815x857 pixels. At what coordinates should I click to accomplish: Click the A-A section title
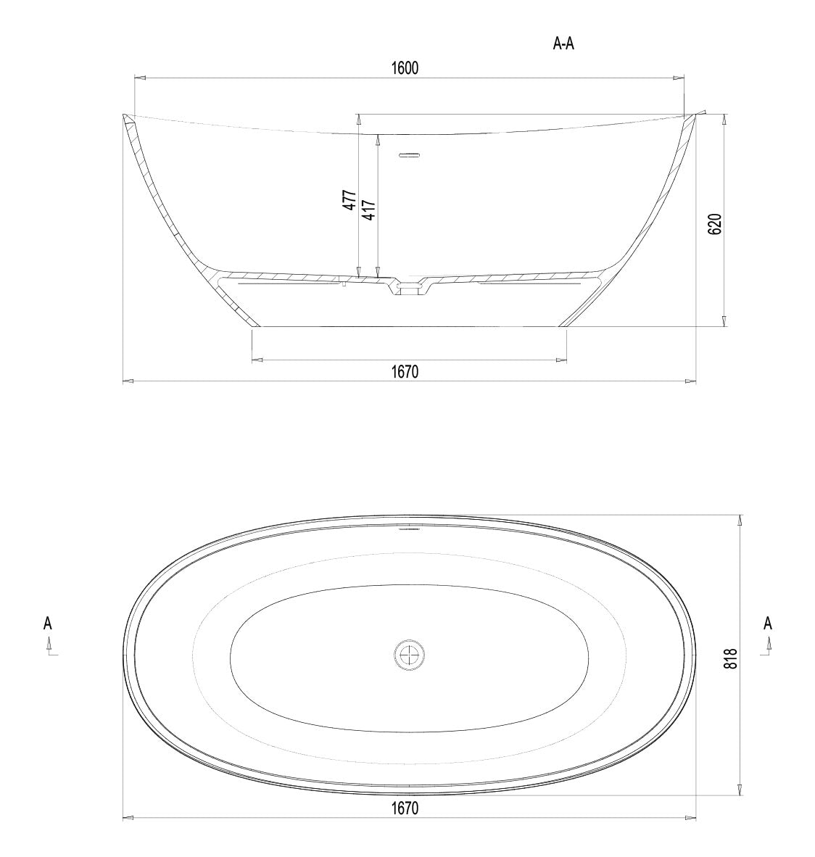[563, 44]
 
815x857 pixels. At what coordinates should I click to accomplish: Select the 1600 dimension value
[405, 68]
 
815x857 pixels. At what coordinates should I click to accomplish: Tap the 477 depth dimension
[349, 200]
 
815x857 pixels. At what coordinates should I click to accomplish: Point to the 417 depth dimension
[368, 210]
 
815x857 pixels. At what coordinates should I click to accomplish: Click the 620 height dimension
[714, 224]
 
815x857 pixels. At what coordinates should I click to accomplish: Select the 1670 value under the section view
[405, 371]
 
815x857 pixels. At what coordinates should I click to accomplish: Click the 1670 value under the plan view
[405, 808]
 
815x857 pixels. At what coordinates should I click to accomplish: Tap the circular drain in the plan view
[409, 655]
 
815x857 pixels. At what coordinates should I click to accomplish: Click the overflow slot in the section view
[410, 154]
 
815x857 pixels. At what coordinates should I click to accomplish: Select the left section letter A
[48, 623]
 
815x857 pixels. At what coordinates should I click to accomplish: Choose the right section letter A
[768, 623]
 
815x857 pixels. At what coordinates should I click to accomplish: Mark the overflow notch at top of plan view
[410, 529]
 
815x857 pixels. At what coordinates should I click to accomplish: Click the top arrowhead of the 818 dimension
[740, 519]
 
